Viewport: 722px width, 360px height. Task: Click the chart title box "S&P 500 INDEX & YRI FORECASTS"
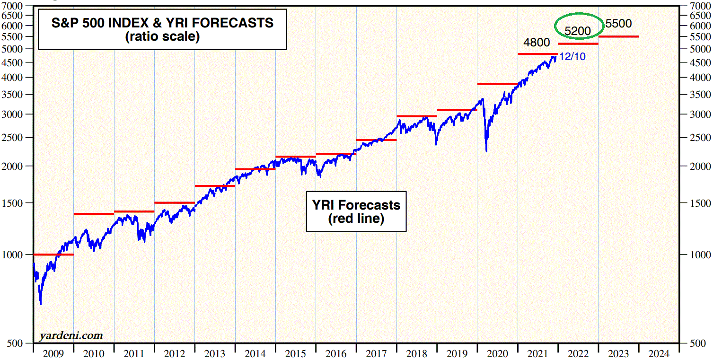click(x=162, y=29)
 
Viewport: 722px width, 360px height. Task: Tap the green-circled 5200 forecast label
click(x=578, y=31)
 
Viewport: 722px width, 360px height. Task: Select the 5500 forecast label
click(x=618, y=24)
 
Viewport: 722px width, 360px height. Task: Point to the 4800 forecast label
click(x=537, y=43)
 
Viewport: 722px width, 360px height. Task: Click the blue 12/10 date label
click(x=572, y=57)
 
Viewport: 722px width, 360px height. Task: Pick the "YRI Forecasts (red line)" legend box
click(x=356, y=211)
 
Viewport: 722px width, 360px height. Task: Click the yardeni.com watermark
click(x=70, y=335)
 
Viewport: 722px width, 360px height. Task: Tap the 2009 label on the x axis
click(x=53, y=353)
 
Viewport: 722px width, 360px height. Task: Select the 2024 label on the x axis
click(x=659, y=353)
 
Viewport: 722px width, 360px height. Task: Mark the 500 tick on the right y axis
click(x=698, y=343)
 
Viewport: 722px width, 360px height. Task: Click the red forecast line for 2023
click(x=618, y=36)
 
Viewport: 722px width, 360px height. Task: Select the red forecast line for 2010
click(x=93, y=214)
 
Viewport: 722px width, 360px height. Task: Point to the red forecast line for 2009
click(x=53, y=255)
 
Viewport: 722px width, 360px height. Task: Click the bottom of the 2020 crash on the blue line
click(x=486, y=151)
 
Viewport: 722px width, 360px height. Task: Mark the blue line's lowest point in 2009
click(x=41, y=304)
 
